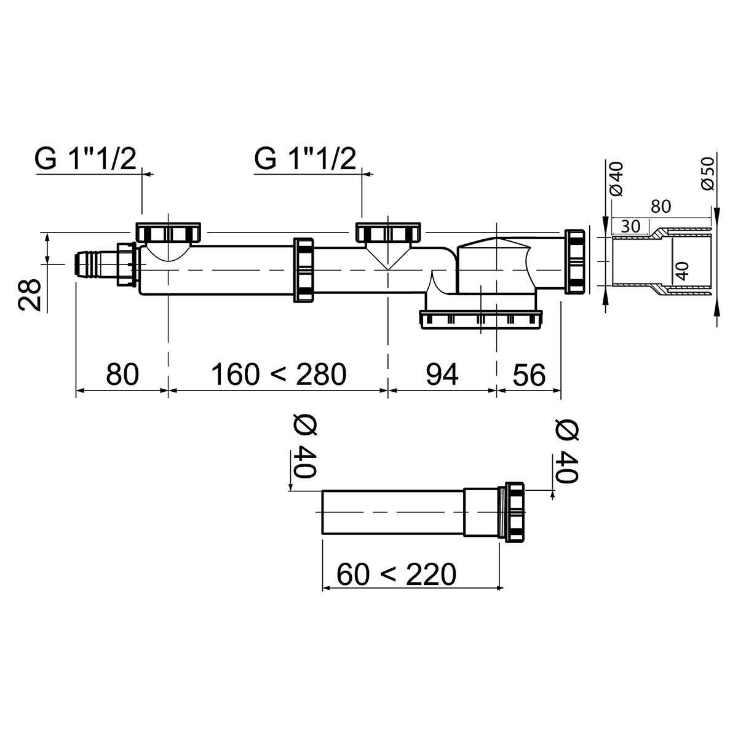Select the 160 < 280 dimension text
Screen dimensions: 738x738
279,374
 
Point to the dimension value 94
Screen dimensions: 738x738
442,374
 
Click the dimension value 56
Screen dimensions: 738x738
529,374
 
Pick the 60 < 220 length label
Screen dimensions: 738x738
397,574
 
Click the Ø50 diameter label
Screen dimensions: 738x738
708,173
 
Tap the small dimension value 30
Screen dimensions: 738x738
630,226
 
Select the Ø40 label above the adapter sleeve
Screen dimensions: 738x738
617,179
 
